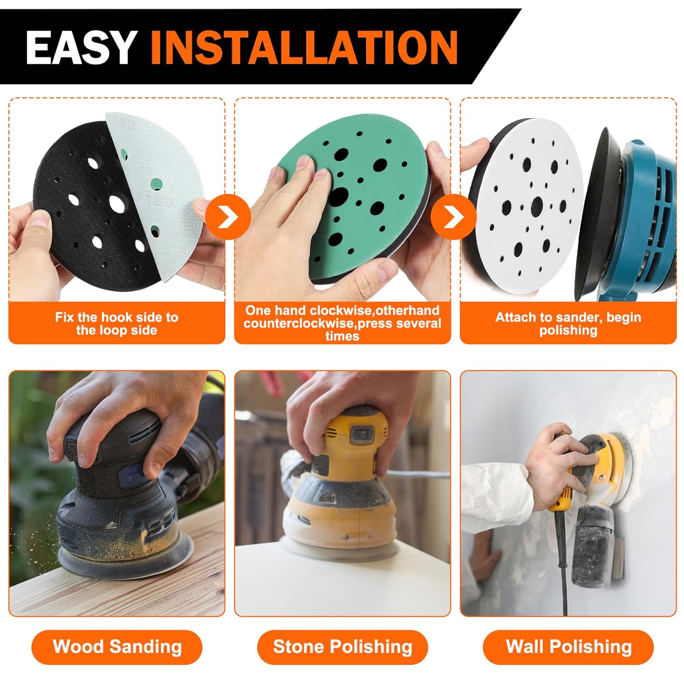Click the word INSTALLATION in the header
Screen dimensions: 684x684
[304, 47]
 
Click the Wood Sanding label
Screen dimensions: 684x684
[117, 647]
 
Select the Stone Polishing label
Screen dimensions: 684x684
[342, 647]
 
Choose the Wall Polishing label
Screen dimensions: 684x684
[568, 647]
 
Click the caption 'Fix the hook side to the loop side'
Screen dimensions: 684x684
[117, 323]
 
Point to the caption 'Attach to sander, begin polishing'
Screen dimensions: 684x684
[568, 323]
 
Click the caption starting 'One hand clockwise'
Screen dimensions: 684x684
[342, 323]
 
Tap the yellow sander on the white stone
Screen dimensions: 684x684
[337, 483]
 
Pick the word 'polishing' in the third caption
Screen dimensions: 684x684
[568, 330]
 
